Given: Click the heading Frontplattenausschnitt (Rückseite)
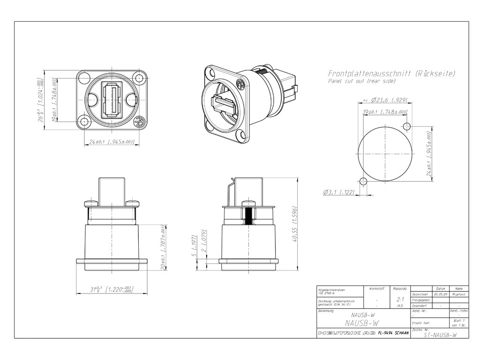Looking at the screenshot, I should click(x=391, y=74).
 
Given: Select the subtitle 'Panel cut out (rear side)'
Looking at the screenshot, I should click(x=361, y=82).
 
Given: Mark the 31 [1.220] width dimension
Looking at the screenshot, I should click(x=112, y=289).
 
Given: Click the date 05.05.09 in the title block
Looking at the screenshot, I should click(x=440, y=294).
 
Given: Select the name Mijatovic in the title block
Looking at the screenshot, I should click(x=458, y=294).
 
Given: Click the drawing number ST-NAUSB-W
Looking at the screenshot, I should click(x=440, y=335).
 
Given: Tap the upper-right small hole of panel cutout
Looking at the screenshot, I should click(x=407, y=127).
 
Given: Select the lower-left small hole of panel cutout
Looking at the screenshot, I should click(x=362, y=182).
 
